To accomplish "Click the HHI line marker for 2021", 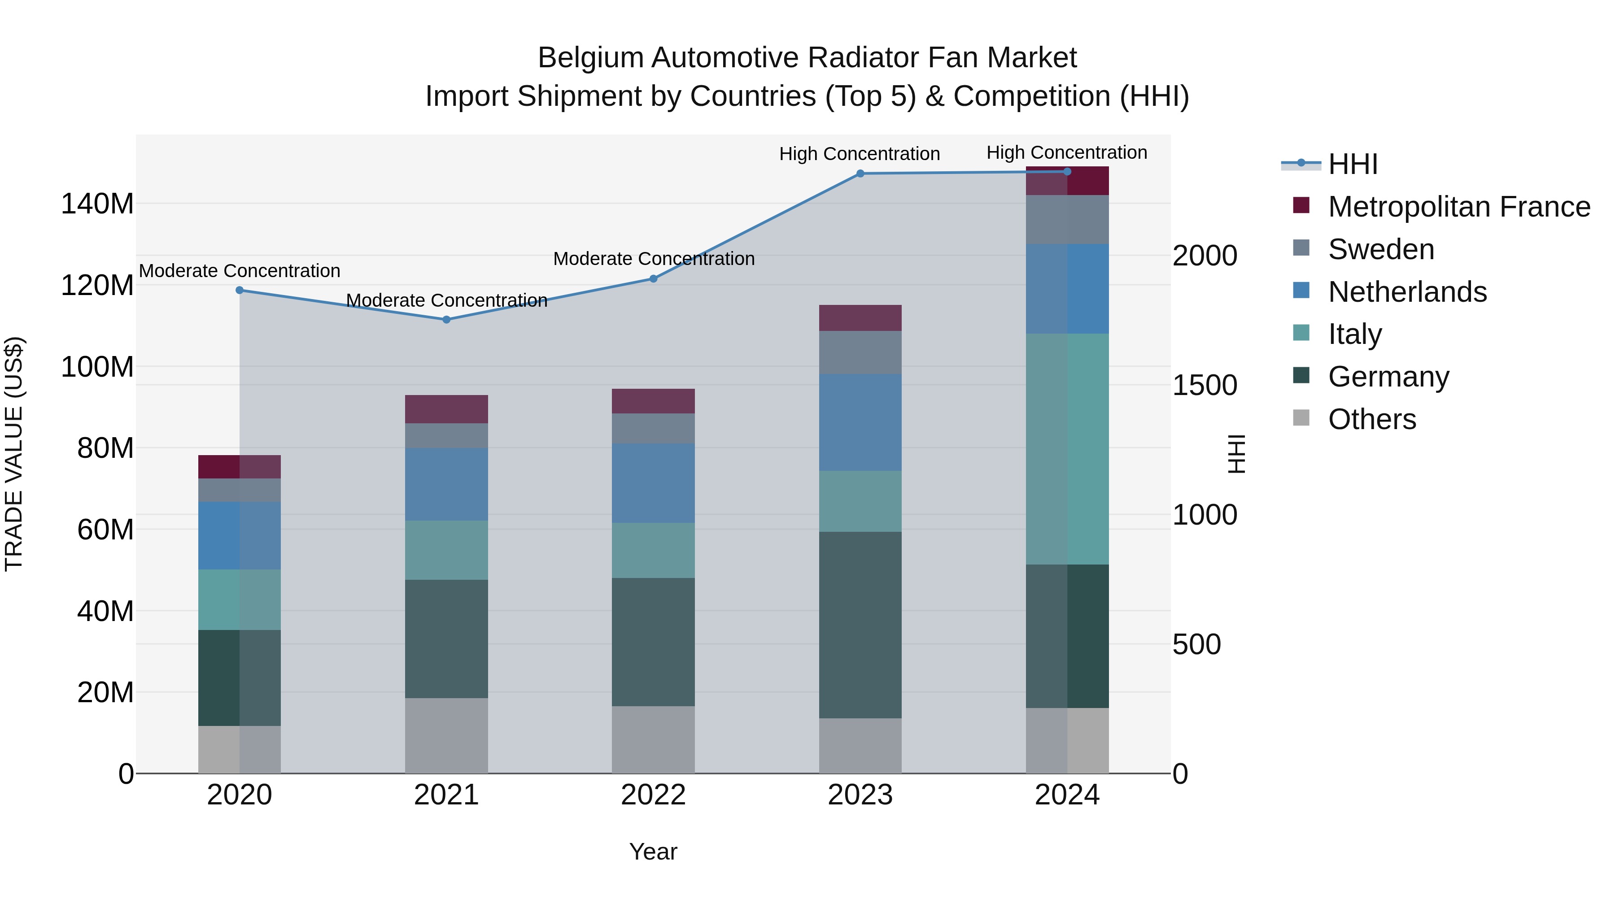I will tap(446, 320).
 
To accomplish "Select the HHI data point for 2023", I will tap(860, 174).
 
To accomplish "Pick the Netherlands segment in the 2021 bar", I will tap(446, 484).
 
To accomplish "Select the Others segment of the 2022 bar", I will tap(653, 739).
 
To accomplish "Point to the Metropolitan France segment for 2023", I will tap(860, 318).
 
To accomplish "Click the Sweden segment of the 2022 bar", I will tap(653, 429).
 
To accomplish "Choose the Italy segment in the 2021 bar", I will tap(446, 550).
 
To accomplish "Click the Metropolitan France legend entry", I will tap(1458, 207).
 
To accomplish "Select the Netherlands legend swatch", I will tap(1301, 291).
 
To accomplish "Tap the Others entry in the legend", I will tap(1372, 419).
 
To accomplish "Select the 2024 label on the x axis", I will tap(1067, 795).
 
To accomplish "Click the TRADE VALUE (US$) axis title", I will tap(14, 454).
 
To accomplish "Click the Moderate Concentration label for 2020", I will tap(240, 271).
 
